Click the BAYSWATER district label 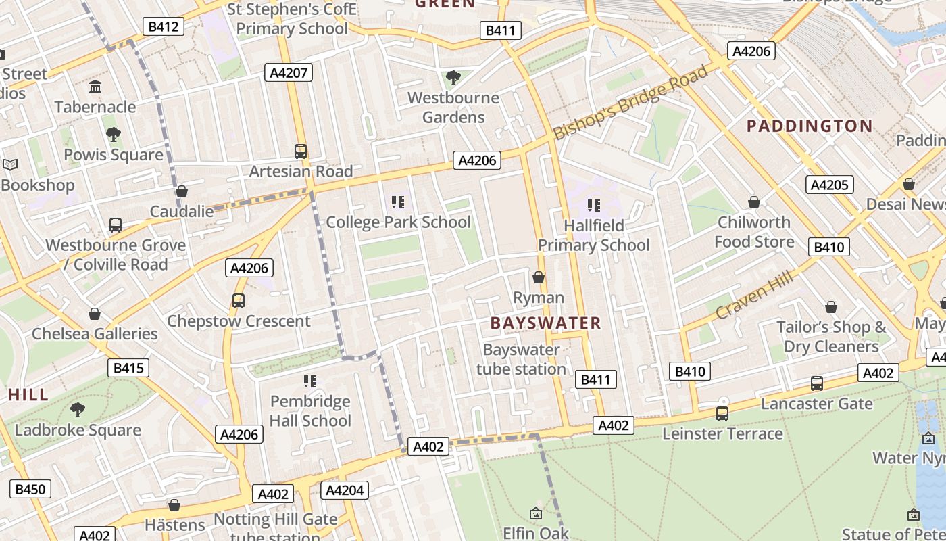click(545, 323)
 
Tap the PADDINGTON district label click(810, 126)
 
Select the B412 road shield click(164, 27)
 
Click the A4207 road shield click(289, 73)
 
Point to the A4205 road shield click(829, 185)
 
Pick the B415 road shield click(128, 368)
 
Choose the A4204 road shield click(345, 490)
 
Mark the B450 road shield click(30, 489)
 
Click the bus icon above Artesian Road click(301, 151)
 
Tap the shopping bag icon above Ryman click(539, 277)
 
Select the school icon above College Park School click(398, 202)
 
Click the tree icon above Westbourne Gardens click(453, 78)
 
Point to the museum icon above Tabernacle click(95, 87)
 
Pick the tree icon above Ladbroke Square click(78, 410)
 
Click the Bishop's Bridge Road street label click(631, 102)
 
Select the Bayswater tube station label click(521, 359)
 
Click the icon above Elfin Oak click(536, 514)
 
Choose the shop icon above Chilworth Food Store click(754, 202)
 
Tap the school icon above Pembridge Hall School click(310, 381)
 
